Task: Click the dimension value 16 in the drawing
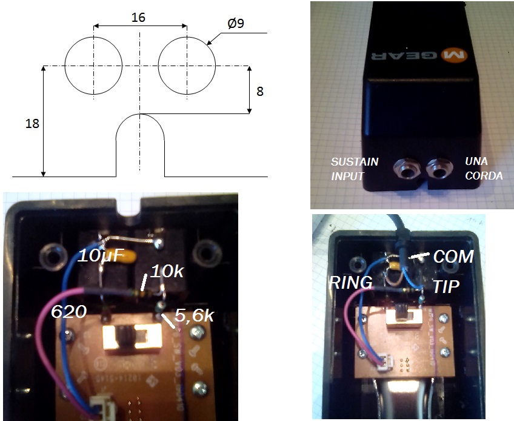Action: (138, 18)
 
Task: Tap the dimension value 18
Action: (33, 124)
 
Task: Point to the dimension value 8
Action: (260, 92)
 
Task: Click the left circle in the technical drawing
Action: (94, 66)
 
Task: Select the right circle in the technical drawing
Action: (187, 66)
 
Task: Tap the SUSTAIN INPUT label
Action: (355, 169)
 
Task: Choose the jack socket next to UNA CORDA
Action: (439, 169)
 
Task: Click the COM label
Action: (453, 256)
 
